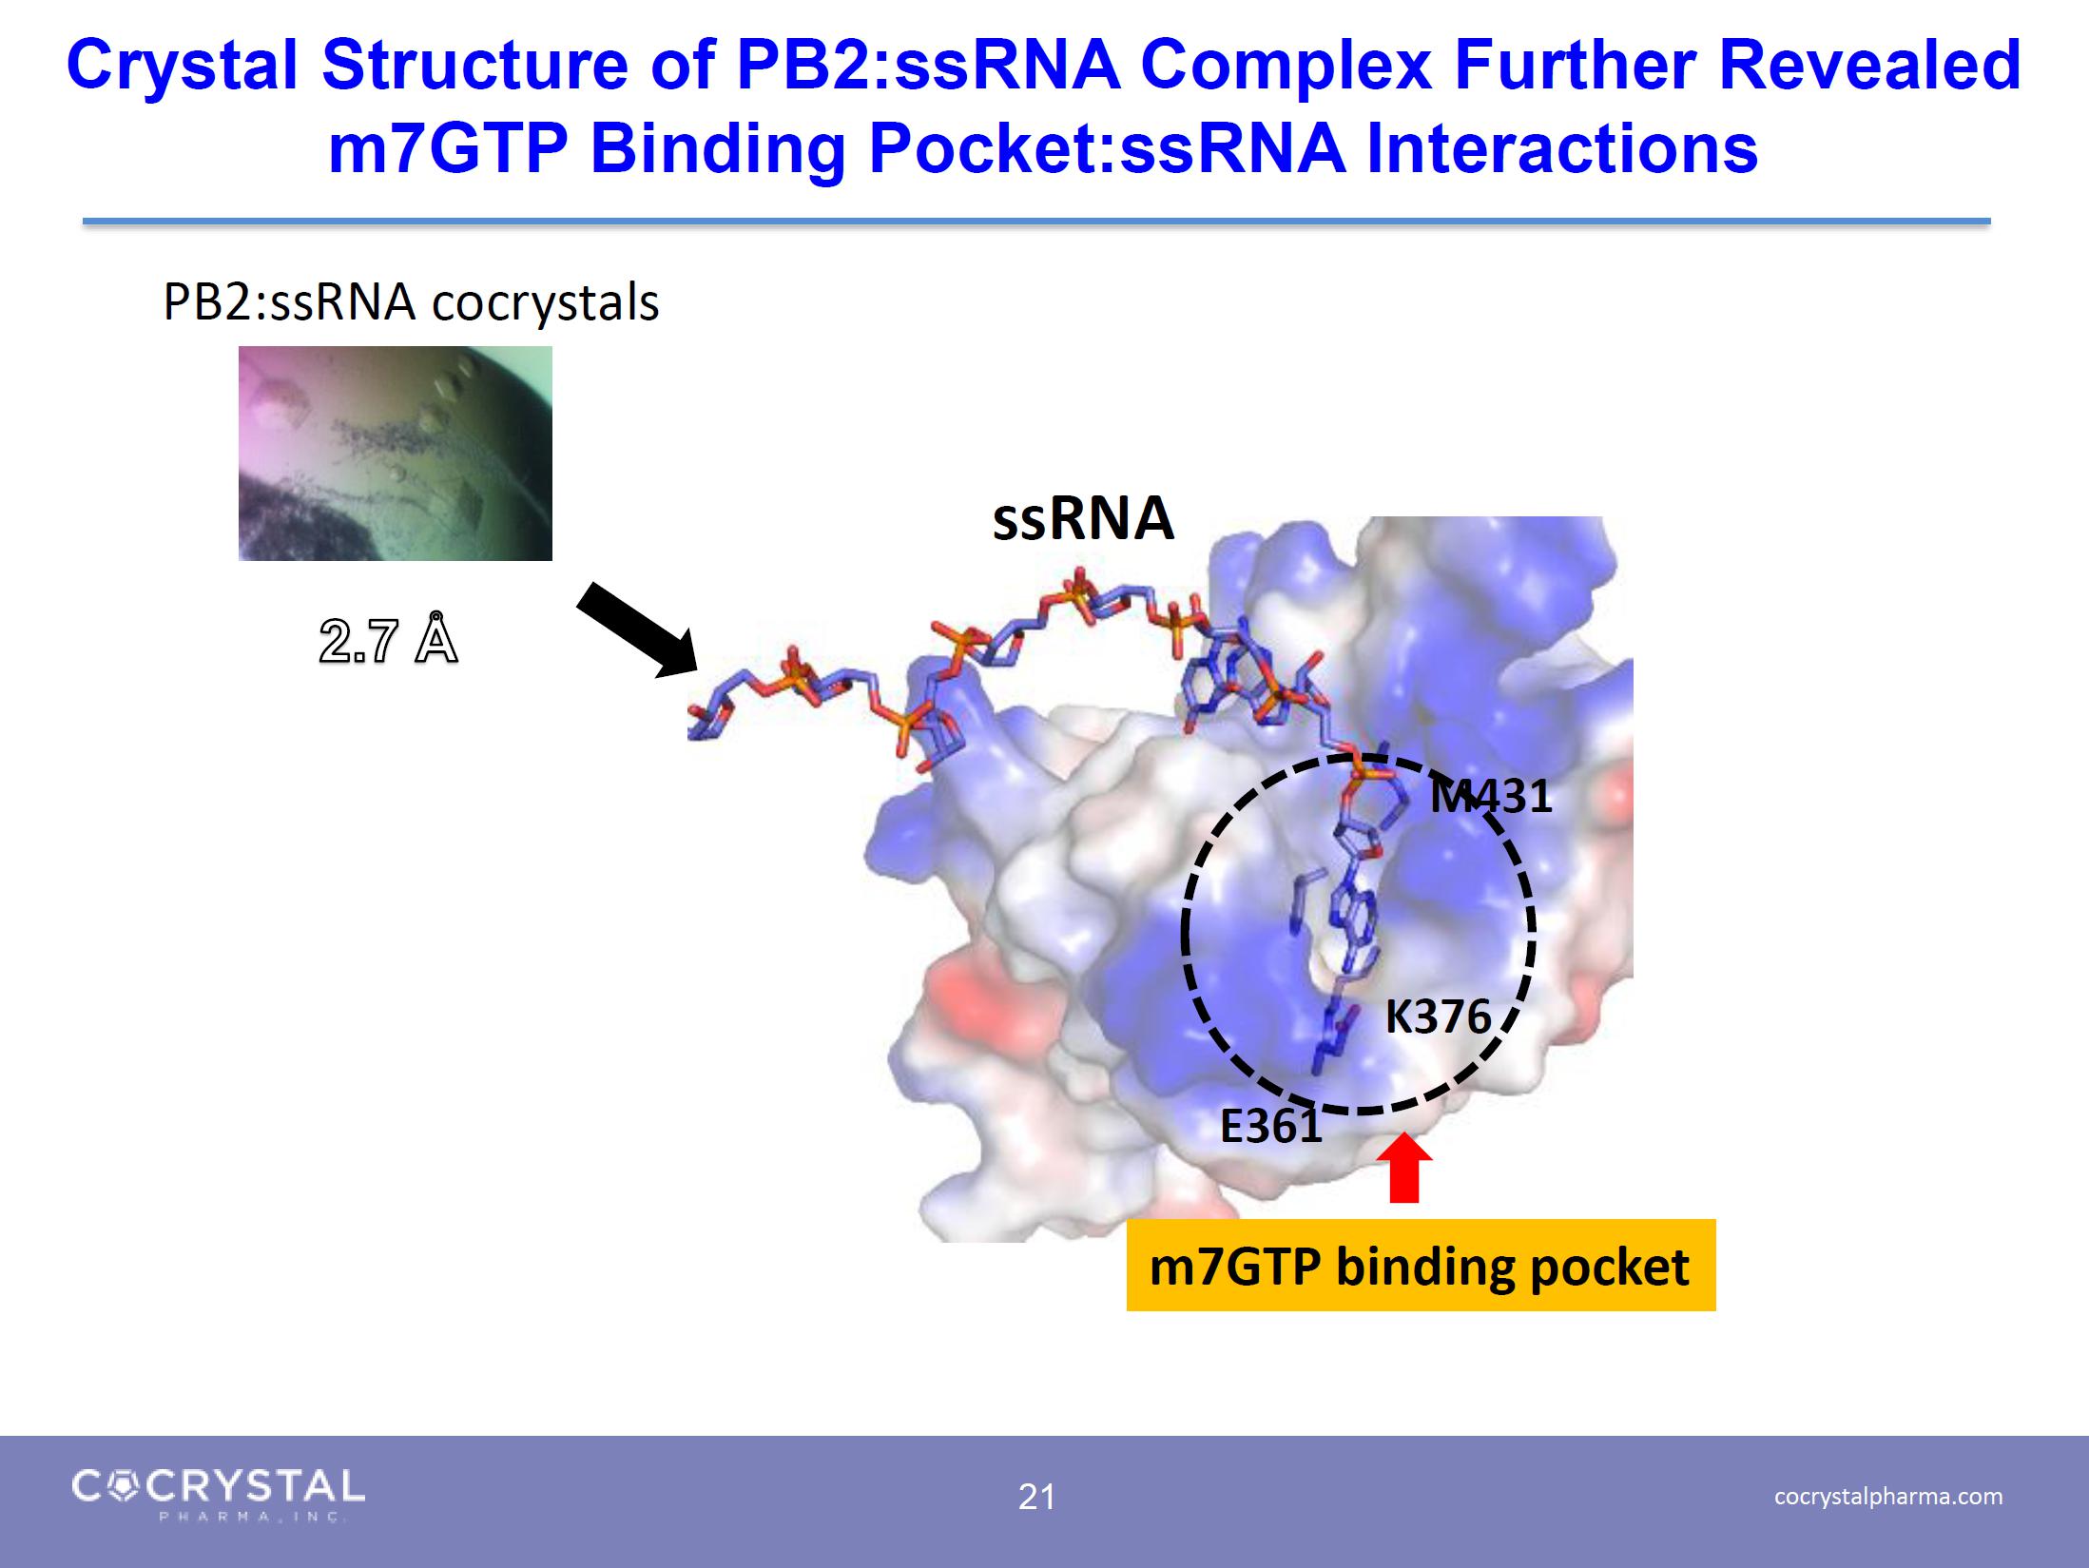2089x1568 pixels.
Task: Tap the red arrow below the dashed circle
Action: pos(1404,1169)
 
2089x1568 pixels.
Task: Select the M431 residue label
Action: pos(1491,796)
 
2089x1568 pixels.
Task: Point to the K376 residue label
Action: pos(1438,1016)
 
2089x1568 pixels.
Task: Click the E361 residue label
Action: pos(1271,1127)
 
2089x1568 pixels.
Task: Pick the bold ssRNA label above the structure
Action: pos(1083,519)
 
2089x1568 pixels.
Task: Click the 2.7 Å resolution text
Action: pos(388,639)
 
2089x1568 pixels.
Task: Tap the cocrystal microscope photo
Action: pos(396,454)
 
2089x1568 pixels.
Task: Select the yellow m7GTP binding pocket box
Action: pos(1421,1266)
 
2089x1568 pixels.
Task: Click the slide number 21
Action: pos(1036,1498)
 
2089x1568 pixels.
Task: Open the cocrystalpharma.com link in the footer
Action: pos(1888,1496)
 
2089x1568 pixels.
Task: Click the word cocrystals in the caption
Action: pos(546,303)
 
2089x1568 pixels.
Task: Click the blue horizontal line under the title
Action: pos(1036,222)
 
